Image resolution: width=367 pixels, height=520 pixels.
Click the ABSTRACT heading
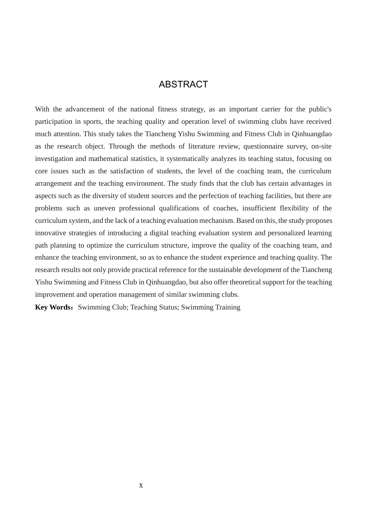coord(183,84)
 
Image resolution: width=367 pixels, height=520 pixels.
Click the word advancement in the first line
coord(87,109)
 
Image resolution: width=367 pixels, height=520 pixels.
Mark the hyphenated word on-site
coord(321,146)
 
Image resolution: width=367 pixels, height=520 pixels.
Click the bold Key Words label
coord(53,307)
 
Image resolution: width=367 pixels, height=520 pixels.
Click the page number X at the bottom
coord(141,485)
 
